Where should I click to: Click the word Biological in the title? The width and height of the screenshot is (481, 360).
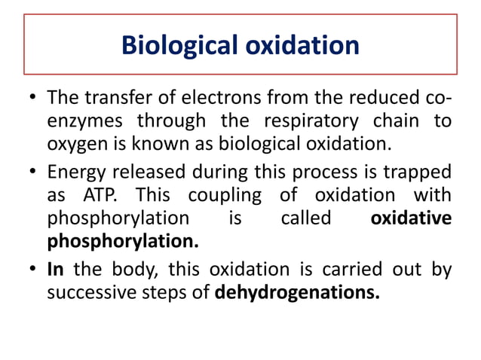182,46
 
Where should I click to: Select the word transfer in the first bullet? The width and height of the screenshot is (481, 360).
118,99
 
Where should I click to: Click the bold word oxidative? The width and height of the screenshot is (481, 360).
412,218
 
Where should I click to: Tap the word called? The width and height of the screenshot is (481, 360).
305,218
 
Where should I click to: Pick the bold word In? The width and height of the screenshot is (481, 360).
55,269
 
